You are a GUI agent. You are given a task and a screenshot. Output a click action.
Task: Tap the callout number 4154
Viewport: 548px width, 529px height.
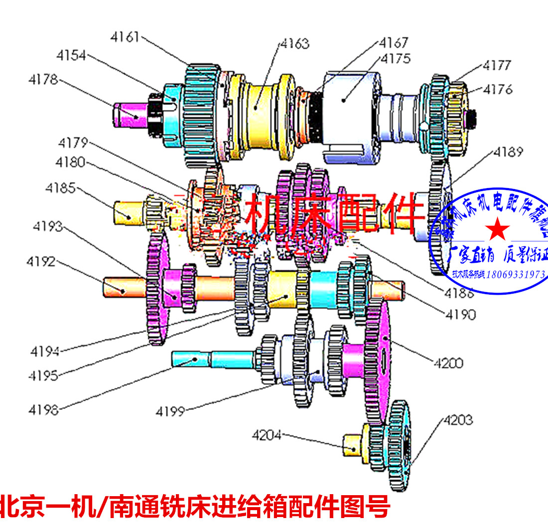[x=71, y=55]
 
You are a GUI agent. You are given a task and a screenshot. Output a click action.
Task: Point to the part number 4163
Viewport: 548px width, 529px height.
[x=294, y=43]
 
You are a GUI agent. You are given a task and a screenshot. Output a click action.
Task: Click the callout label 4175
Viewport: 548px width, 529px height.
[x=396, y=58]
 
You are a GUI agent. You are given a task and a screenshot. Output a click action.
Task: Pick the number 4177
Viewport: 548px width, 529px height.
[x=497, y=65]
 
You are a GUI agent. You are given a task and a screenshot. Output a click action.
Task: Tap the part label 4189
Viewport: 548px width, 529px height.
[x=508, y=152]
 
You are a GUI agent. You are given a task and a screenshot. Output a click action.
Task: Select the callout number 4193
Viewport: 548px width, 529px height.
[x=48, y=226]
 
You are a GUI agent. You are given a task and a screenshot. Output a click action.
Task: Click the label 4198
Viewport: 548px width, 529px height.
[x=43, y=410]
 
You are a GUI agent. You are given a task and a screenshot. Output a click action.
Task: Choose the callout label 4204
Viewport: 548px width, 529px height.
[x=267, y=435]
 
